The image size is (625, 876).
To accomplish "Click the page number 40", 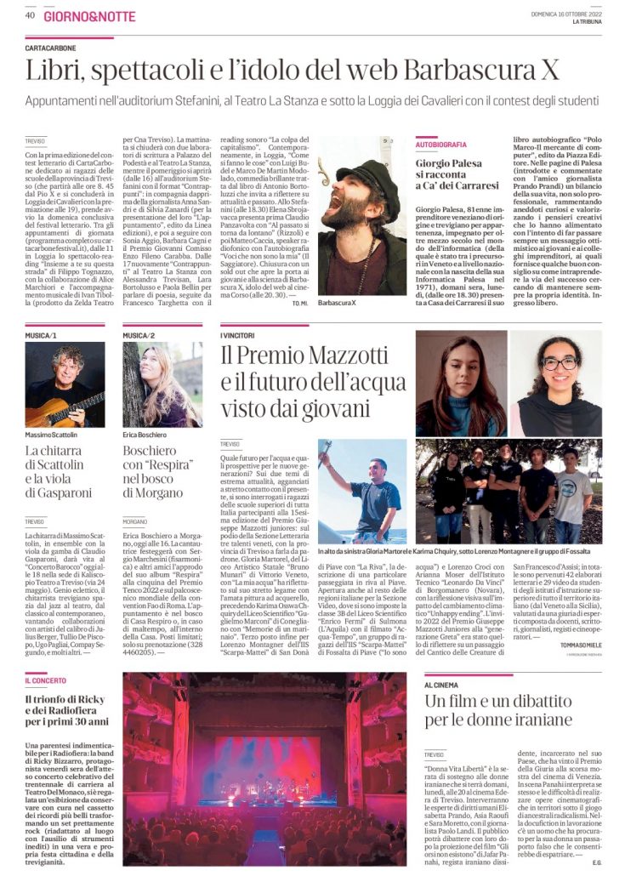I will tap(30, 14).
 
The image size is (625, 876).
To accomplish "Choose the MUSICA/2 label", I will tap(138, 336).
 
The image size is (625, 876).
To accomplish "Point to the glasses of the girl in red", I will tap(559, 363).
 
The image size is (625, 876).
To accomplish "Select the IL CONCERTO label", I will tap(46, 682).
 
